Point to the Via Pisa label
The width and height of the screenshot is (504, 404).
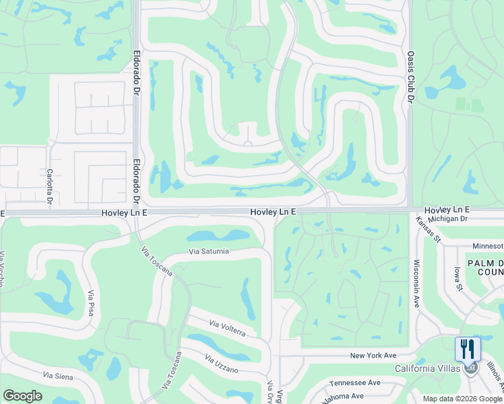(91, 303)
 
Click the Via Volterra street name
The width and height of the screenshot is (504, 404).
(232, 329)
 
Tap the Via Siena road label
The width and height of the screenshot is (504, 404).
(57, 375)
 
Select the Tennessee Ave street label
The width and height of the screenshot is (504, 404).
(355, 382)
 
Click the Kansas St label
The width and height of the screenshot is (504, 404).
(427, 229)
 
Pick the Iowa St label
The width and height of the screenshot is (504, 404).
(459, 278)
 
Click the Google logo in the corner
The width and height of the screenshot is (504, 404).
(22, 396)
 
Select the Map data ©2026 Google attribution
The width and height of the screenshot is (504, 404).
(462, 399)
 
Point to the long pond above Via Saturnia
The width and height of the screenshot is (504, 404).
(217, 236)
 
